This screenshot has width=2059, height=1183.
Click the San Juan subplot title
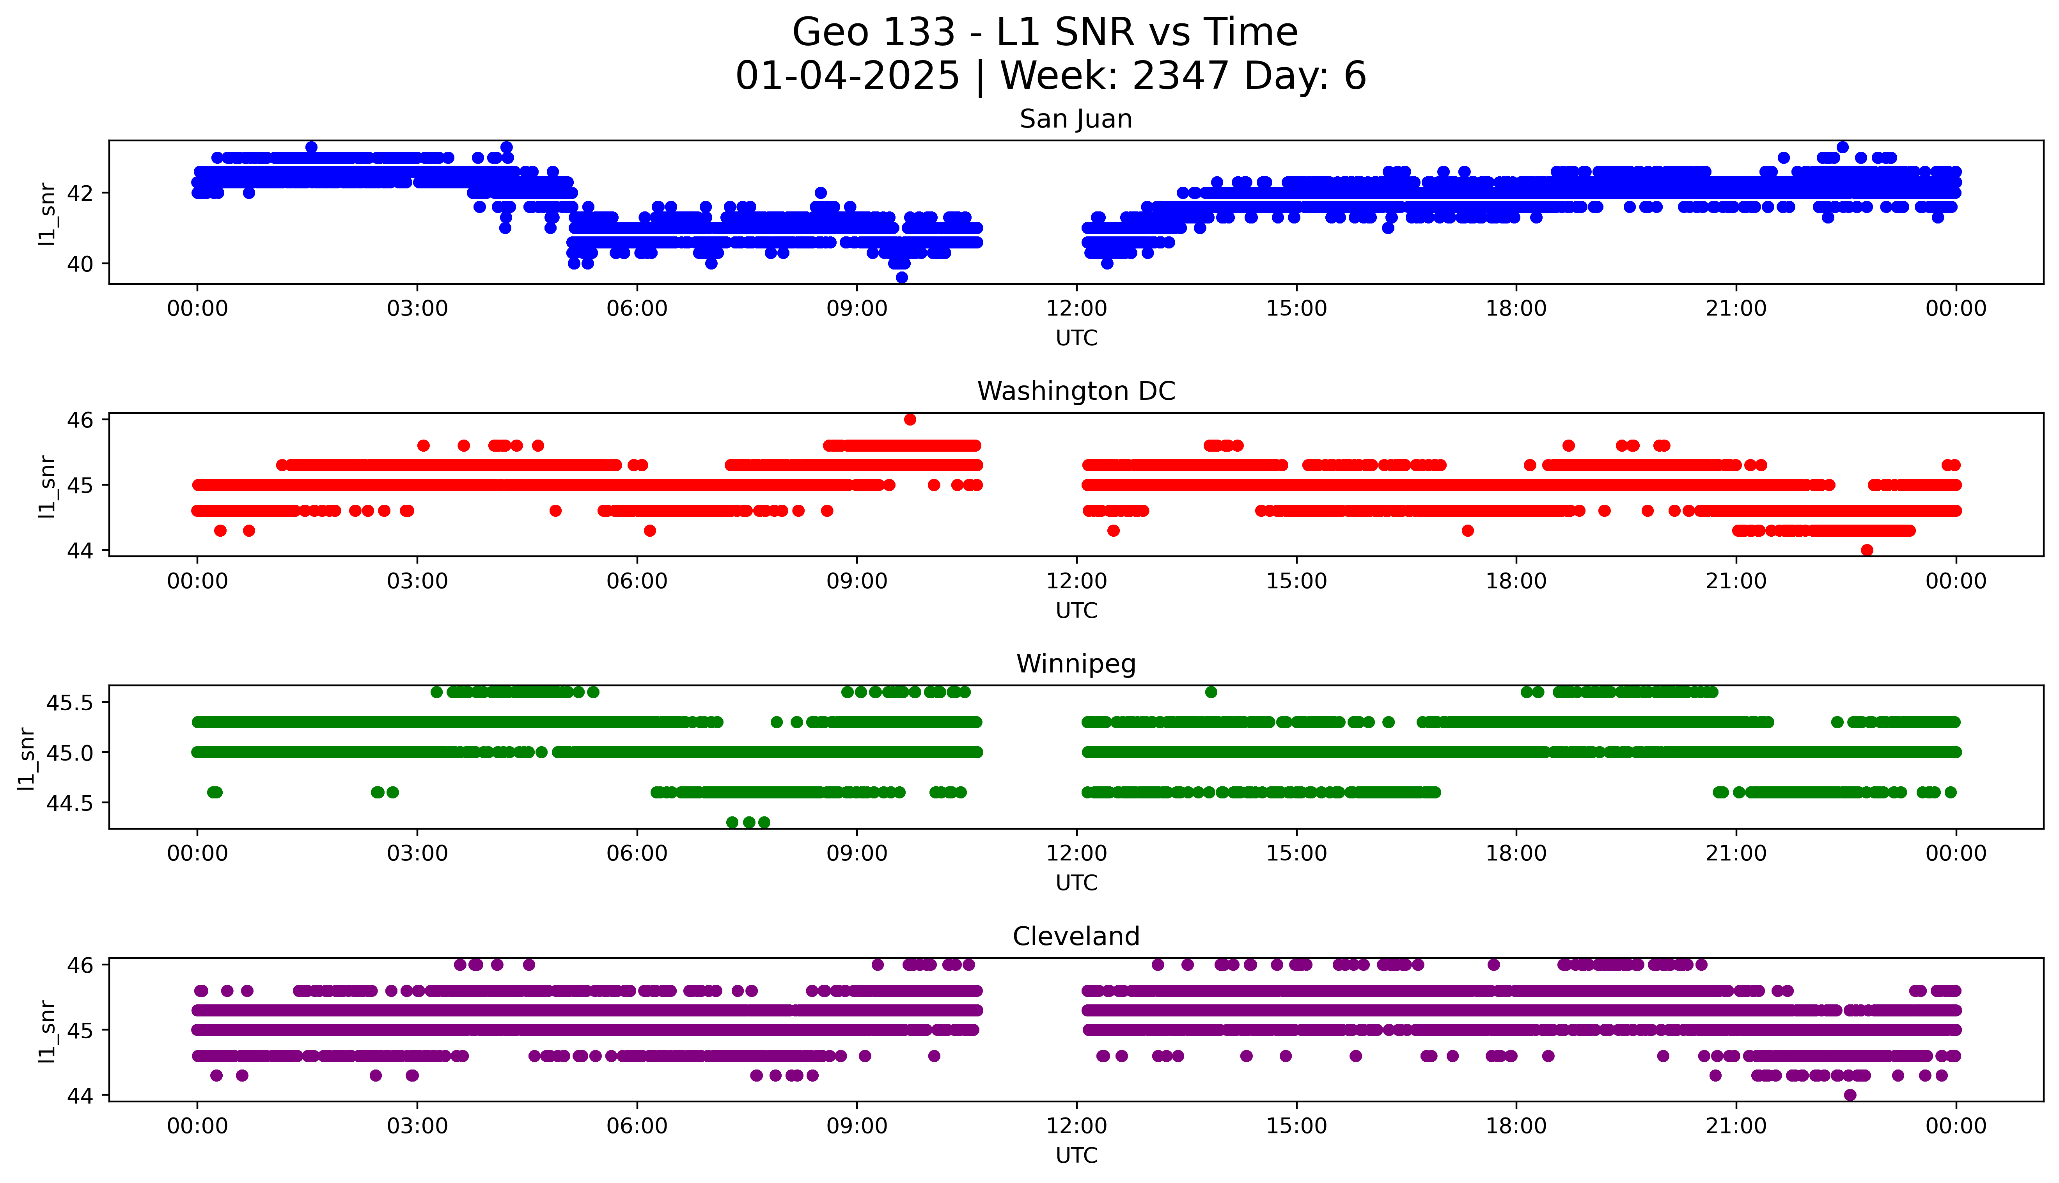click(1075, 119)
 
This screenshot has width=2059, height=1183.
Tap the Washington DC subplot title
click(1075, 392)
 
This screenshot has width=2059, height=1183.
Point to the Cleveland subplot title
click(1075, 937)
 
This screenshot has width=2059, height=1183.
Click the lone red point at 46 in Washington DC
click(910, 419)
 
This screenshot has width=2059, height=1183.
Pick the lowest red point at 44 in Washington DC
click(1866, 550)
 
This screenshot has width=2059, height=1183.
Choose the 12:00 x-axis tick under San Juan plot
click(1076, 309)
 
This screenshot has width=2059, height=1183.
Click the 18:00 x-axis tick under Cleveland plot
click(1516, 1126)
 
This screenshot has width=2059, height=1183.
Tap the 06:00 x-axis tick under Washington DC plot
click(637, 581)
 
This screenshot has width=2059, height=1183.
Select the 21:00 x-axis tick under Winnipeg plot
click(1736, 853)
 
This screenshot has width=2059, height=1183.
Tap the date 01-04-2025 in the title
click(847, 76)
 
